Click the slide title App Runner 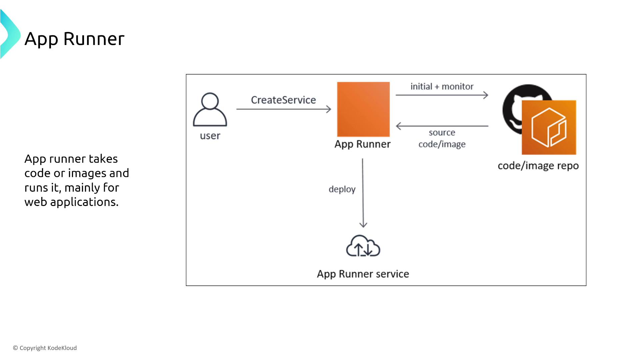pos(74,39)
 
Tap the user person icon pos(210,109)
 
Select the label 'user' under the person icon pos(210,136)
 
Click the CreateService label pos(283,100)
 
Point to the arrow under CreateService pos(283,109)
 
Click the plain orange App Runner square pos(363,109)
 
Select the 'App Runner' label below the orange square pos(362,144)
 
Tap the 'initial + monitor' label pos(442,87)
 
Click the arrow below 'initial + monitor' pos(442,95)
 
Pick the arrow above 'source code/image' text pos(442,126)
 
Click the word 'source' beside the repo pos(442,133)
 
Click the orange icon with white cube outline pos(549,127)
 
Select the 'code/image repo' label pos(538,166)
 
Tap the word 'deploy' pos(342,189)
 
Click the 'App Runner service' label pos(363,274)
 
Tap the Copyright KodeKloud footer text pos(45,348)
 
